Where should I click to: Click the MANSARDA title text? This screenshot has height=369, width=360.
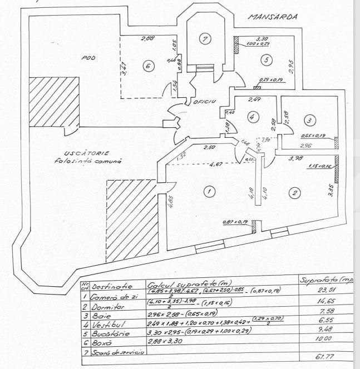(273, 17)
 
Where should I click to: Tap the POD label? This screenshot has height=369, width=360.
(88, 57)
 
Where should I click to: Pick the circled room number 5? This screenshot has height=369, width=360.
(267, 59)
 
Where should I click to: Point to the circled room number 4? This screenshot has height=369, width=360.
(252, 118)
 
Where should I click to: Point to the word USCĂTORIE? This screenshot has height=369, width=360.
(78, 153)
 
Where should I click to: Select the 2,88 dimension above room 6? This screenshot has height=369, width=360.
(147, 38)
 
